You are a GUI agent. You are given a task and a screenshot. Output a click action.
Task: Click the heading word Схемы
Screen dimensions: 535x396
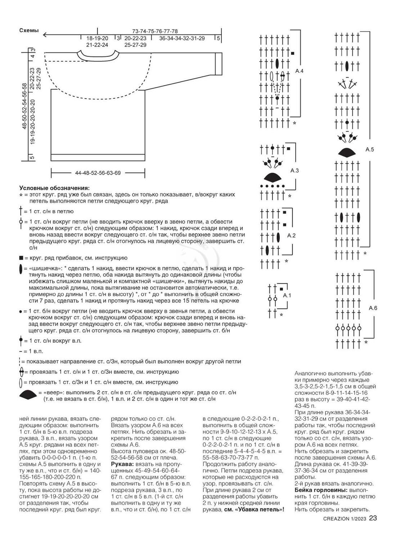[29, 31]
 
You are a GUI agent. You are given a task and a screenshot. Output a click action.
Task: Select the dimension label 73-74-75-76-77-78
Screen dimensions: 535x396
[155, 31]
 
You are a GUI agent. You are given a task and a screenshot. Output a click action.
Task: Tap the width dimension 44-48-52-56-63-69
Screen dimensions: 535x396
[98, 173]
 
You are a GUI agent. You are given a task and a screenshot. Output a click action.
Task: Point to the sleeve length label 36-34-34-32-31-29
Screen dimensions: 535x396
[182, 38]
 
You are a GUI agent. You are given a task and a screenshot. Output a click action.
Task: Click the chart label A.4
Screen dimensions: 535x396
[300, 71]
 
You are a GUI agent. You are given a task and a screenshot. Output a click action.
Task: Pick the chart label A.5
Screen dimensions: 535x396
[370, 149]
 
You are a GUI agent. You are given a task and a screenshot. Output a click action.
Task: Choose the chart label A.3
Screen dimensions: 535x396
[294, 170]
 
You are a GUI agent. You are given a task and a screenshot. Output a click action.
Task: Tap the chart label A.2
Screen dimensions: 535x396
[291, 235]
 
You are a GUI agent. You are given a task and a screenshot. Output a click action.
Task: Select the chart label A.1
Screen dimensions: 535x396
[287, 295]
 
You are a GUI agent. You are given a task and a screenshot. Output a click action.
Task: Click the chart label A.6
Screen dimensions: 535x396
[373, 308]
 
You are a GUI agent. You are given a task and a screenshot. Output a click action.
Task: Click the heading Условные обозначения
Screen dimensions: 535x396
[54, 188]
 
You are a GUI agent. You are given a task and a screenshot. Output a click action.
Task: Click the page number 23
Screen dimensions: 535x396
[373, 518]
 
